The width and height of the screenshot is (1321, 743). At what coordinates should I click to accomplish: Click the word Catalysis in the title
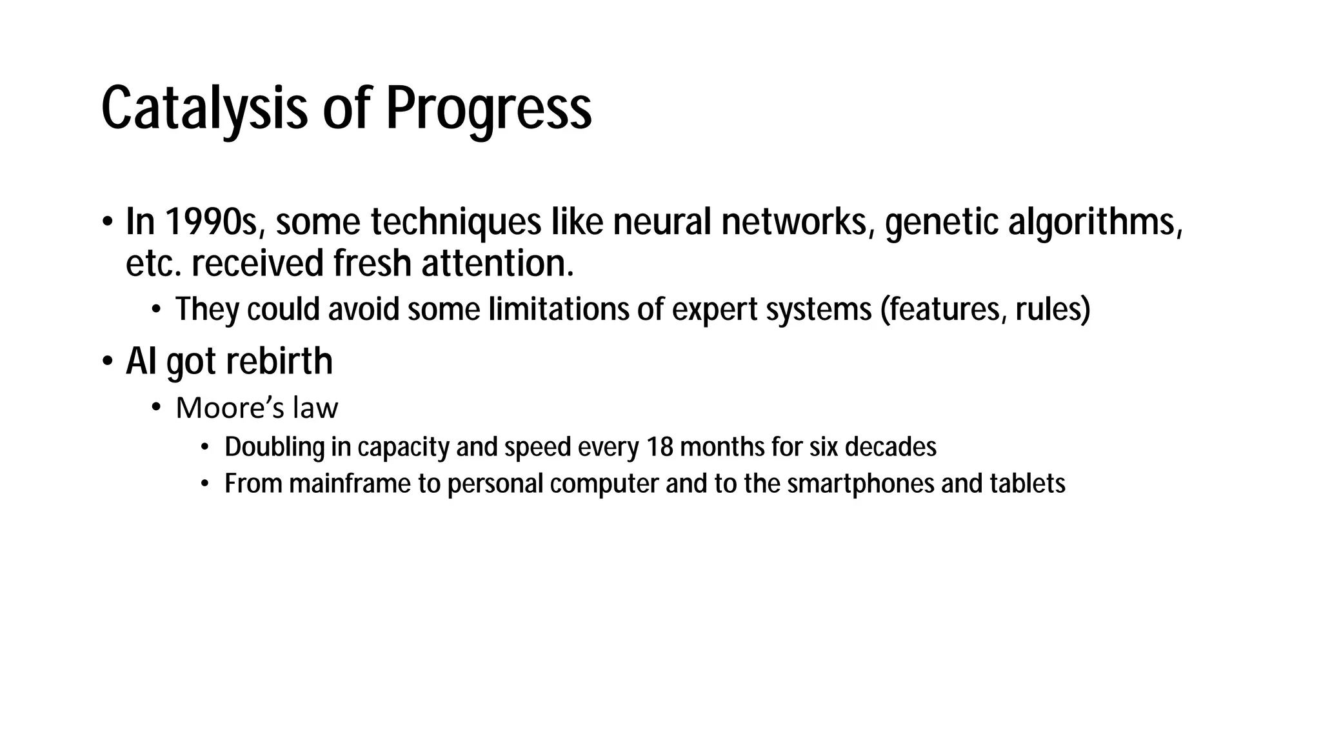pyautogui.click(x=204, y=108)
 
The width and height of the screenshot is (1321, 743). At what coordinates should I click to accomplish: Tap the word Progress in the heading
pyautogui.click(x=488, y=108)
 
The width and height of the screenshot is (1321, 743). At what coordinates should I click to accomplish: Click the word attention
pyautogui.click(x=497, y=264)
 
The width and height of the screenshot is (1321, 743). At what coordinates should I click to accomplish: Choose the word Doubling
pyautogui.click(x=274, y=447)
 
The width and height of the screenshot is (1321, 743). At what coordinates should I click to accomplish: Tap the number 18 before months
pyautogui.click(x=659, y=447)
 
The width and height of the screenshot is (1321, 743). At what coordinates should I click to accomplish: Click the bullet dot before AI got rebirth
pyautogui.click(x=107, y=361)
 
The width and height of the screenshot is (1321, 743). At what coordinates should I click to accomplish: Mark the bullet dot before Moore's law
pyautogui.click(x=155, y=408)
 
